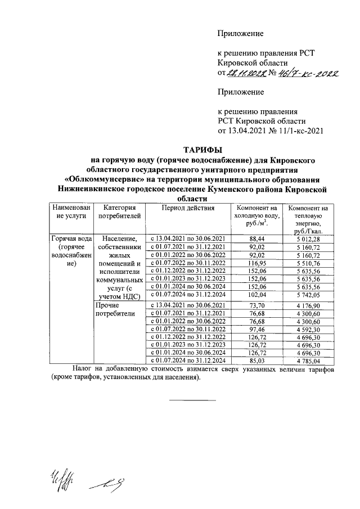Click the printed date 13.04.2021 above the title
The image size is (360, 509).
248,131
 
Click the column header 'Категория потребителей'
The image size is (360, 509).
117,212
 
